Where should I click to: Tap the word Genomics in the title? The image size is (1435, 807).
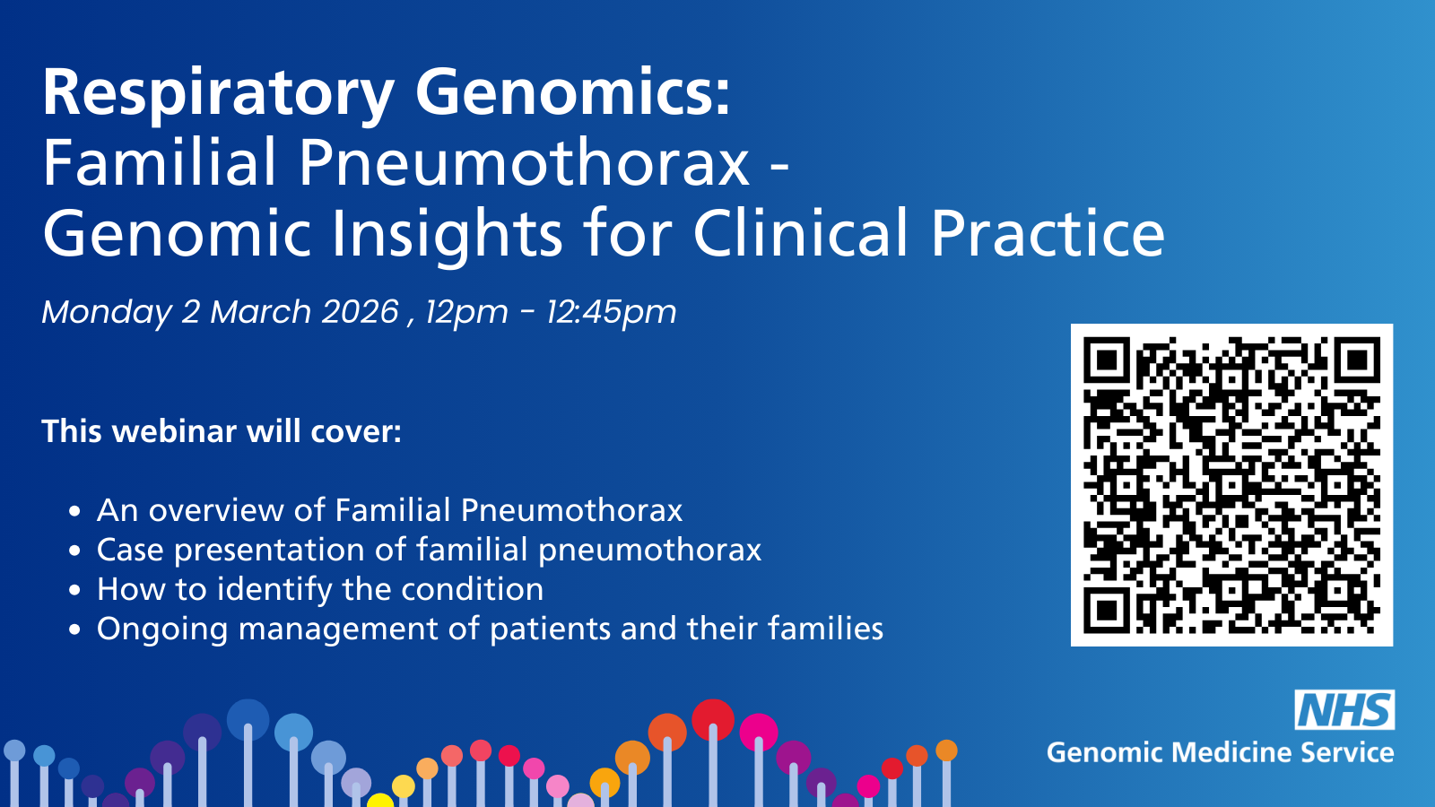pyautogui.click(x=573, y=93)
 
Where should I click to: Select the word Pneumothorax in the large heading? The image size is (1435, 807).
pyautogui.click(x=524, y=162)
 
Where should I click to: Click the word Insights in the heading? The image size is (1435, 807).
pyautogui.click(x=447, y=234)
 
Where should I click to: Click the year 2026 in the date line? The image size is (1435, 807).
pyautogui.click(x=361, y=312)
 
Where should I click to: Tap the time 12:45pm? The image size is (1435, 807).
pyautogui.click(x=611, y=313)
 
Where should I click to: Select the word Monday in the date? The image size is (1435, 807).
pyautogui.click(x=107, y=313)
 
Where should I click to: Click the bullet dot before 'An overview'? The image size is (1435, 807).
pyautogui.click(x=74, y=511)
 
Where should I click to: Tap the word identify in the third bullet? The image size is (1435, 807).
pyautogui.click(x=274, y=590)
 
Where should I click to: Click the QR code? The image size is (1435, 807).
pyautogui.click(x=1232, y=485)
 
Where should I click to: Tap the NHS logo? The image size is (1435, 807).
pyautogui.click(x=1344, y=709)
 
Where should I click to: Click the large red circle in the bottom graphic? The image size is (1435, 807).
pyautogui.click(x=713, y=720)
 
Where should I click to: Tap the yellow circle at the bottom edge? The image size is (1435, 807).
pyautogui.click(x=380, y=801)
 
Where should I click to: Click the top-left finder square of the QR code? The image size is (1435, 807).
pyautogui.click(x=1107, y=360)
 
